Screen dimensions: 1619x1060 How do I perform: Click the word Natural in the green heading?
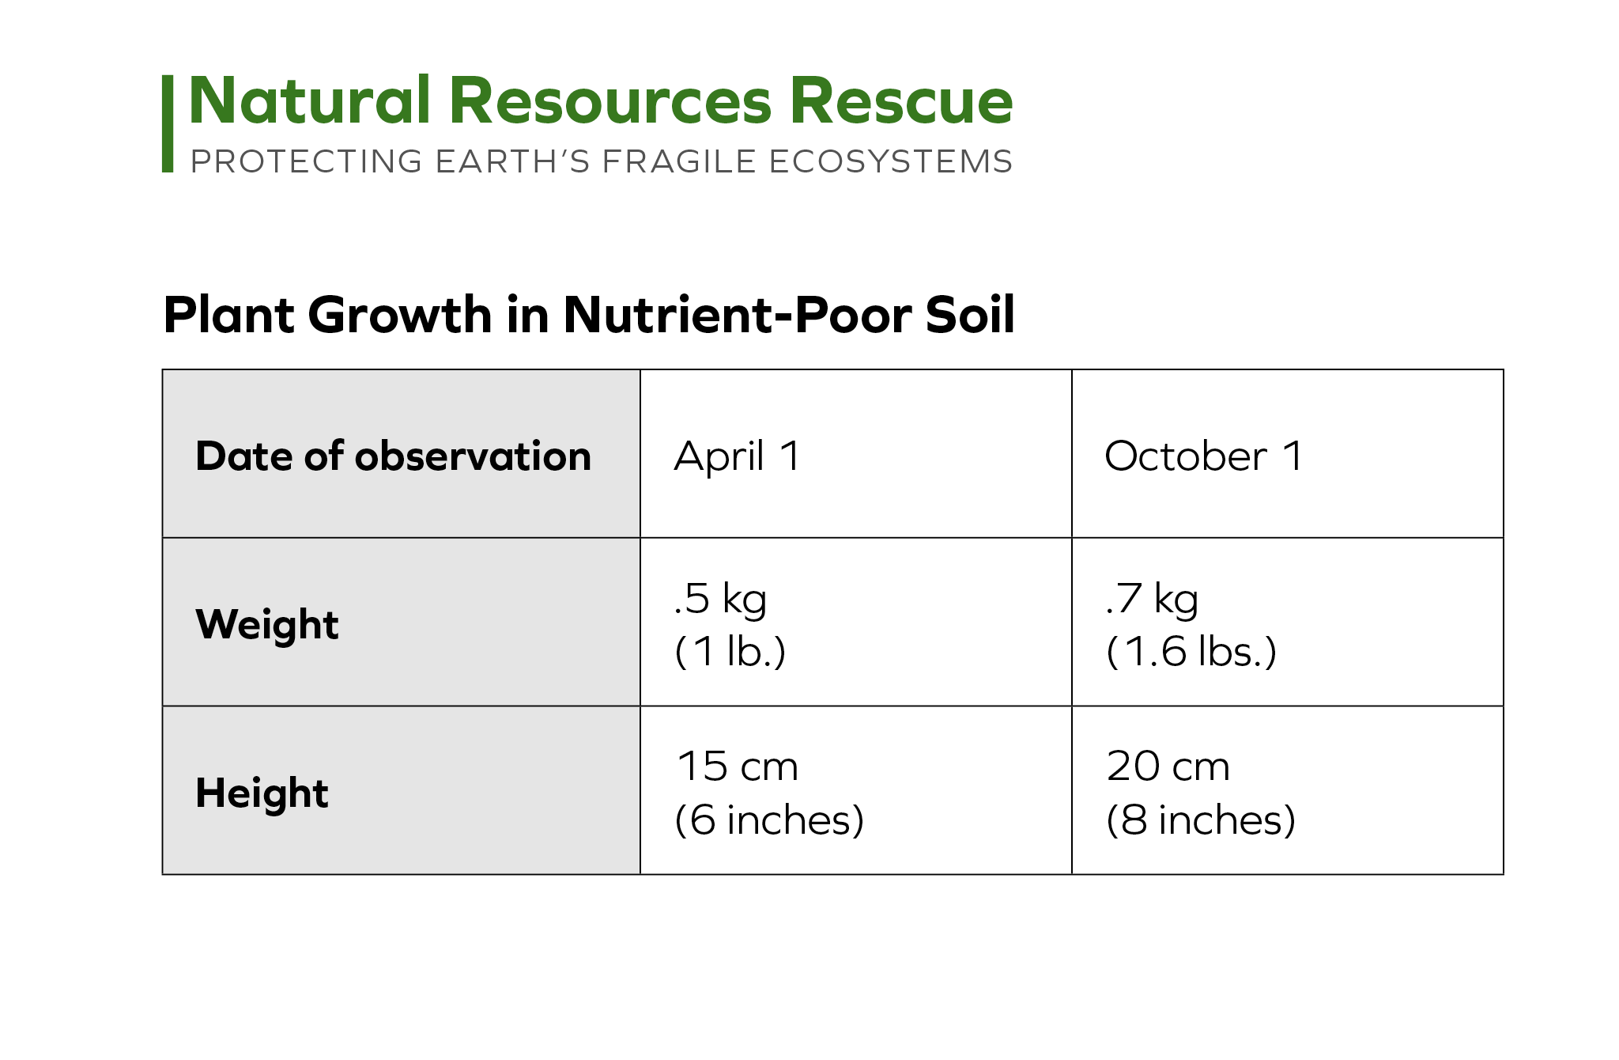click(309, 100)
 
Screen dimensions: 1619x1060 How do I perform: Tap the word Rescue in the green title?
click(901, 100)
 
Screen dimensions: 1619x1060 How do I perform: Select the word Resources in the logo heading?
click(610, 100)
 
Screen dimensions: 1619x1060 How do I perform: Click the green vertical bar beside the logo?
click(168, 123)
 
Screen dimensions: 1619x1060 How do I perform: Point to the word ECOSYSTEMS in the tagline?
click(890, 161)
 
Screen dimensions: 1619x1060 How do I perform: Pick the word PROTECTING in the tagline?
click(307, 161)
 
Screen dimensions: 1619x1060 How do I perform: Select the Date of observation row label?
click(393, 456)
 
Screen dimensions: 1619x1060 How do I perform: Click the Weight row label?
click(267, 625)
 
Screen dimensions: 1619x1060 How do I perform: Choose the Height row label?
click(262, 793)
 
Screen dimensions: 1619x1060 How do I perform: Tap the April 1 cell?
click(737, 457)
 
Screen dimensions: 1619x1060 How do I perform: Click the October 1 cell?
click(1203, 456)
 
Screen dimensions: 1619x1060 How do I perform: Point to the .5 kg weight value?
click(720, 599)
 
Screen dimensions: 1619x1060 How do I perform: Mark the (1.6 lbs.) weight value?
click(1191, 652)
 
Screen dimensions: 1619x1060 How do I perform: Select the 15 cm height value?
click(738, 767)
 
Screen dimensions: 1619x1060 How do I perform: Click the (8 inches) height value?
click(1201, 820)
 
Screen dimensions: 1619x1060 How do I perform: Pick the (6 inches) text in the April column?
click(769, 820)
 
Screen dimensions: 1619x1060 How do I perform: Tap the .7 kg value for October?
click(1152, 599)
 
